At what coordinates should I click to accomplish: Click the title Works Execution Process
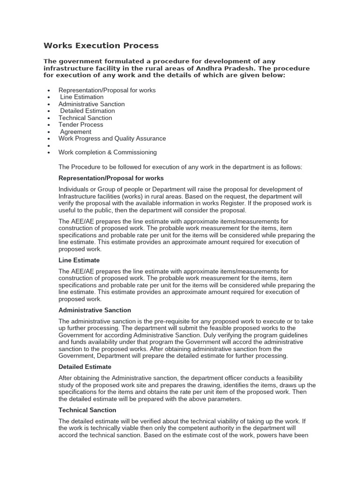point(101,45)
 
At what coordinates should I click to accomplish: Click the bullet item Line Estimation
point(82,97)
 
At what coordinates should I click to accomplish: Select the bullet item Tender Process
point(81,125)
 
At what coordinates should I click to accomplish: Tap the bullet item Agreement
point(76,132)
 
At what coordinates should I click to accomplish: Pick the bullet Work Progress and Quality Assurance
point(112,138)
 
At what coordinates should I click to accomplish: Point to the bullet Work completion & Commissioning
point(107,152)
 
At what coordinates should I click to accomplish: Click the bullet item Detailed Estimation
point(88,111)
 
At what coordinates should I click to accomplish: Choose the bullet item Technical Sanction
point(85,118)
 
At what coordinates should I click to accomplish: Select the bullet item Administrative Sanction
point(91,104)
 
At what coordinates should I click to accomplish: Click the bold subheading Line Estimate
point(79,260)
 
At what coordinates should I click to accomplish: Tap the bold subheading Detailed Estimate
point(85,367)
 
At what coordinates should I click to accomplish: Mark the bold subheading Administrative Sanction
point(95,310)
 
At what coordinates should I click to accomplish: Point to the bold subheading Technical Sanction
point(87,410)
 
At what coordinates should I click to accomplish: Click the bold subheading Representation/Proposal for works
point(111,178)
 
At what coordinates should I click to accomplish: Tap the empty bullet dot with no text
point(49,146)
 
